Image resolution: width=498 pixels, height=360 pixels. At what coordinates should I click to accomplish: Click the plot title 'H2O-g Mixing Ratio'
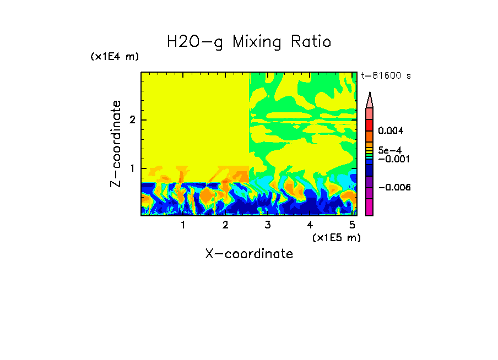(249, 42)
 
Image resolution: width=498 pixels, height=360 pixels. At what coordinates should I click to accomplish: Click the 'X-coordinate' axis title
(249, 254)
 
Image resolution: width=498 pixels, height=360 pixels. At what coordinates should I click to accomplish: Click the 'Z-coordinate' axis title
(116, 144)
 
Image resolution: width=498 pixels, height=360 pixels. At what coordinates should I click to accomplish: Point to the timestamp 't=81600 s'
(386, 76)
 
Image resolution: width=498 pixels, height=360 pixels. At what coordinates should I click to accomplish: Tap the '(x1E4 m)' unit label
(115, 57)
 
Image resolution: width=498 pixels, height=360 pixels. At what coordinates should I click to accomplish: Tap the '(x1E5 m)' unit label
(336, 237)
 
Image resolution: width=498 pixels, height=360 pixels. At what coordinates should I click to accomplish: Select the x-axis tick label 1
(183, 225)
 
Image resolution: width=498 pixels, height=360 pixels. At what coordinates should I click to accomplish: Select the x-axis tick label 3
(267, 225)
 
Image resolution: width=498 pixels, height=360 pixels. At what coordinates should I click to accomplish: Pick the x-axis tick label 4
(310, 225)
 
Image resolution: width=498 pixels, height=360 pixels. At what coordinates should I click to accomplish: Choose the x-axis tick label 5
(351, 225)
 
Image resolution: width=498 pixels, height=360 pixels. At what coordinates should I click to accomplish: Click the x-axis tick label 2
(225, 225)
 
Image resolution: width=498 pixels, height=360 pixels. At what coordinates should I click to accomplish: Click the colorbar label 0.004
(391, 131)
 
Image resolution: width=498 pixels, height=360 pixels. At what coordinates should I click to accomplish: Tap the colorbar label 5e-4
(389, 150)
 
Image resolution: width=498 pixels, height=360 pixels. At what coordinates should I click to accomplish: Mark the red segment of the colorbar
(370, 124)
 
